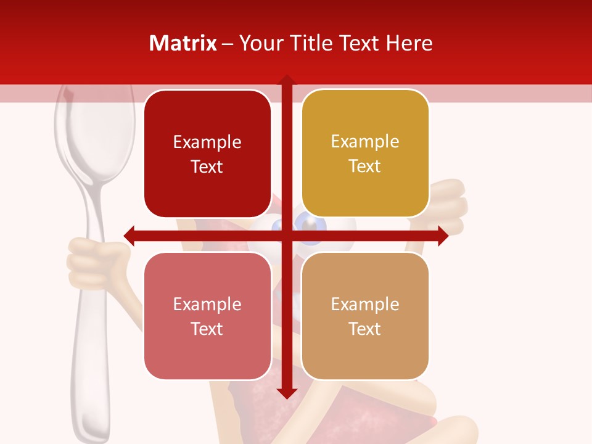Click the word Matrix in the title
[183, 43]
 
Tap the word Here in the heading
[409, 43]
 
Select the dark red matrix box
[207, 154]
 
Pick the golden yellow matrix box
[365, 154]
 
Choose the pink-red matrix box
[207, 316]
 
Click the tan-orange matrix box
[365, 316]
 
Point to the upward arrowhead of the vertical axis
[286, 80]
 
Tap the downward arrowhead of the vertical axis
[286, 393]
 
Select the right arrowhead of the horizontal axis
[443, 236]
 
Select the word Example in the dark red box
[207, 142]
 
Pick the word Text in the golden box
[365, 166]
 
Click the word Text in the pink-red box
[207, 329]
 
